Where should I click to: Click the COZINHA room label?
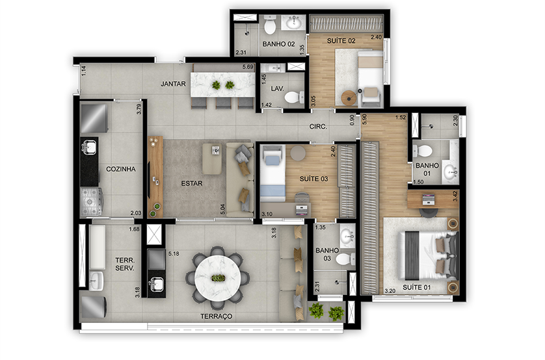click(x=120, y=169)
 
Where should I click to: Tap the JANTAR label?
click(x=173, y=84)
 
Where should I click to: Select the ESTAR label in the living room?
click(x=191, y=183)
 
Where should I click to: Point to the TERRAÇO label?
click(x=216, y=316)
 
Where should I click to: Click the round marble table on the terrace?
click(x=218, y=278)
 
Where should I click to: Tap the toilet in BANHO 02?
click(x=270, y=25)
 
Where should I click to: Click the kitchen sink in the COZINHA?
click(x=90, y=148)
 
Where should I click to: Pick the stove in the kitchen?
click(x=91, y=201)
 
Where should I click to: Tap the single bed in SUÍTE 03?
click(x=273, y=174)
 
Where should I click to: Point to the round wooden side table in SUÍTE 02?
click(x=349, y=97)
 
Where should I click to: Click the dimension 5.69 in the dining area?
click(x=248, y=67)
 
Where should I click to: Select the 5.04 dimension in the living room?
click(x=223, y=209)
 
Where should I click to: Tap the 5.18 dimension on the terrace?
click(x=174, y=254)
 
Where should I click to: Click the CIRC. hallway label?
click(x=318, y=127)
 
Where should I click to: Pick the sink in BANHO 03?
click(x=347, y=236)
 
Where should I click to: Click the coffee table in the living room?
click(x=212, y=159)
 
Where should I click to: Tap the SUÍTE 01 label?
click(x=416, y=287)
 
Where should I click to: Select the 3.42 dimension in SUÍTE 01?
click(x=455, y=196)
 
